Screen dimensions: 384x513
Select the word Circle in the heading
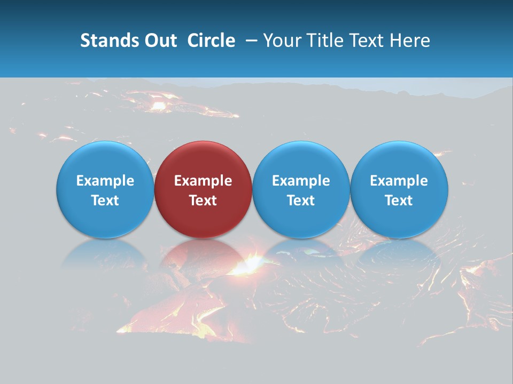pyautogui.click(x=211, y=41)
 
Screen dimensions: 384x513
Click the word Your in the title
pyautogui.click(x=282, y=41)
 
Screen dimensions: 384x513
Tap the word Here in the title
pyautogui.click(x=411, y=41)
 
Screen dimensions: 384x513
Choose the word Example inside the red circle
pyautogui.click(x=203, y=181)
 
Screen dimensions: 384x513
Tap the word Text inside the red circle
pyautogui.click(x=203, y=201)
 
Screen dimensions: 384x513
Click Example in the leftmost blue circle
pyautogui.click(x=105, y=181)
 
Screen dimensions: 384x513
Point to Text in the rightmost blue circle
pyautogui.click(x=399, y=201)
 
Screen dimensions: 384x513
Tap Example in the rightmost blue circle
pyautogui.click(x=399, y=181)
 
